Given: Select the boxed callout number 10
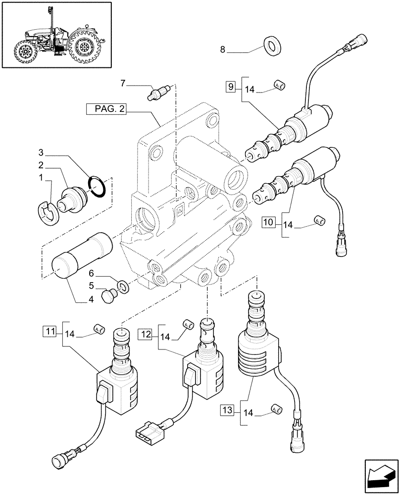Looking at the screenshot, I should tap(268, 223).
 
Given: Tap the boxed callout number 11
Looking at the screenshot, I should tap(50, 331).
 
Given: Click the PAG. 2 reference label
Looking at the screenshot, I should tap(106, 109).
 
